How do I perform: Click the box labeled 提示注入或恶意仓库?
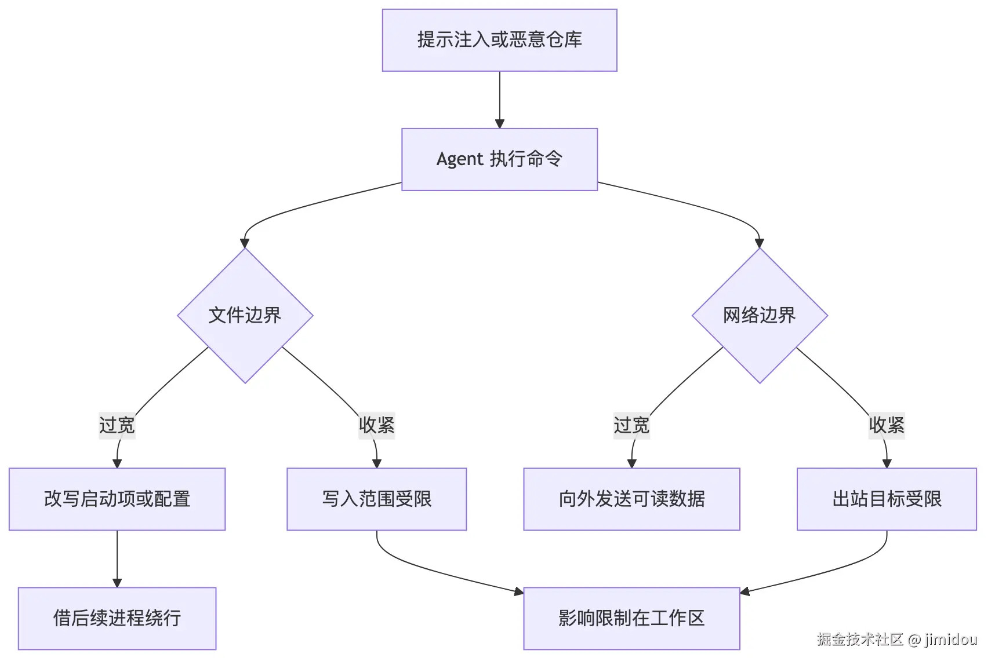click(499, 40)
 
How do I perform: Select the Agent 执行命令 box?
click(499, 159)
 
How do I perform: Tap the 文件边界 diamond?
click(245, 316)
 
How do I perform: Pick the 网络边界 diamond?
click(760, 316)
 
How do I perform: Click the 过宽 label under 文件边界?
click(117, 425)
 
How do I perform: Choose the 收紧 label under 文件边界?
click(377, 425)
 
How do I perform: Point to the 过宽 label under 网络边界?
click(631, 425)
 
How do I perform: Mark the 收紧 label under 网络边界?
click(887, 425)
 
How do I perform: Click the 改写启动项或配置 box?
click(117, 499)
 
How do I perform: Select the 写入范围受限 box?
click(377, 499)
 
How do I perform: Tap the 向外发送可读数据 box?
click(631, 499)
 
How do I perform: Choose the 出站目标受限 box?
click(887, 499)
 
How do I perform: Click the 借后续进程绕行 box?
click(117, 618)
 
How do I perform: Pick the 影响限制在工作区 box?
click(631, 618)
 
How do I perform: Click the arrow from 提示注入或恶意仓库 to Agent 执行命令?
click(500, 100)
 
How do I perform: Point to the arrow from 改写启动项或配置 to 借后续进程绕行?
click(117, 559)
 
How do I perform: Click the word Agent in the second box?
click(460, 159)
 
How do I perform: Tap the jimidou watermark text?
click(951, 640)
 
